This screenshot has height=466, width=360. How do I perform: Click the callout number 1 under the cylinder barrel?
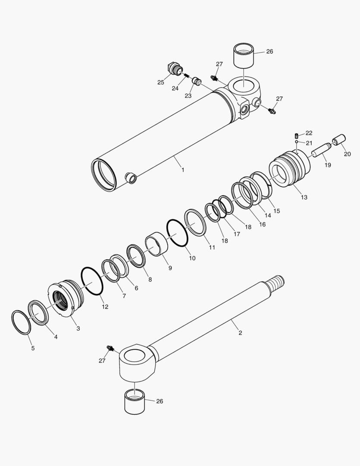pyautogui.click(x=182, y=170)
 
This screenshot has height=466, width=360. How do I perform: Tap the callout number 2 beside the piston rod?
pyautogui.click(x=240, y=333)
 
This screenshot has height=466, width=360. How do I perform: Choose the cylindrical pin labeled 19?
pyautogui.click(x=321, y=152)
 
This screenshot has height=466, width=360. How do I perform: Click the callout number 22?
pyautogui.click(x=309, y=133)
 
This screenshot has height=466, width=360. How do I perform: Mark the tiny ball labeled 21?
pyautogui.click(x=297, y=142)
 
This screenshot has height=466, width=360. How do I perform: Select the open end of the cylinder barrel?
pyautogui.click(x=103, y=174)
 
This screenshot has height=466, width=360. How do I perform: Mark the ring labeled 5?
pyautogui.click(x=20, y=321)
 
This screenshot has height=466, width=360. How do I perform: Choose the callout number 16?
pyautogui.click(x=262, y=224)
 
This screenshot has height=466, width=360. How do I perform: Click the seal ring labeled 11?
pyautogui.click(x=195, y=222)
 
